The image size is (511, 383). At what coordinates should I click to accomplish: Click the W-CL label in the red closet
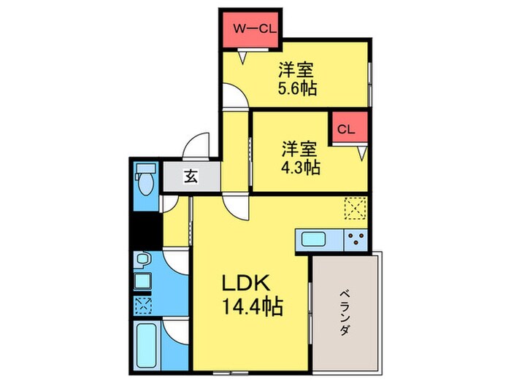253,28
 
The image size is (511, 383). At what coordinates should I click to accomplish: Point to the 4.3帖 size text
301,166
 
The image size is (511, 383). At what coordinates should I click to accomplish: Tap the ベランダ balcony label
343,310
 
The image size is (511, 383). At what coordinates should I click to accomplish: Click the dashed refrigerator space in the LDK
355,209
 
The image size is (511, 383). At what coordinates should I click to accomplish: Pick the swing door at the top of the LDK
238,205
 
